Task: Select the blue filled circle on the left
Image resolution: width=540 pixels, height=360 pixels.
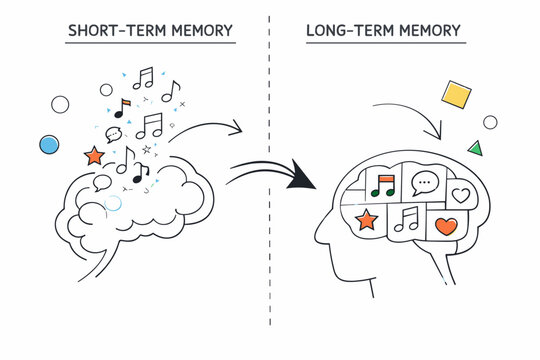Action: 49,145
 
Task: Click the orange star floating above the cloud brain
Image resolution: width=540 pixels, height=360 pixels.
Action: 95,156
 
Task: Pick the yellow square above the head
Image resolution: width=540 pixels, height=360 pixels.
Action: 456,96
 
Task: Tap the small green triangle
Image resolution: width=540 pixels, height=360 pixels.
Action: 475,148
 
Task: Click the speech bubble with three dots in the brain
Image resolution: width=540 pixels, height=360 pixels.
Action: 426,183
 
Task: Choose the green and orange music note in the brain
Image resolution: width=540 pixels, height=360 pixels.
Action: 383,184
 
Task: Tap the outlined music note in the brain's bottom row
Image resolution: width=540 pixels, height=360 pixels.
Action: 407,220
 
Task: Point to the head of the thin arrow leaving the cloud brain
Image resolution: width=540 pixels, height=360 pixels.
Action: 241,129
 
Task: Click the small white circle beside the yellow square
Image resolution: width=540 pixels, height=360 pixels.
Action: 490,122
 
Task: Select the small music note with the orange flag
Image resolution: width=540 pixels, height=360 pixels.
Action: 122,107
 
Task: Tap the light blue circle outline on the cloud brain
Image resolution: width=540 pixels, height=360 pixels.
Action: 113,203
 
